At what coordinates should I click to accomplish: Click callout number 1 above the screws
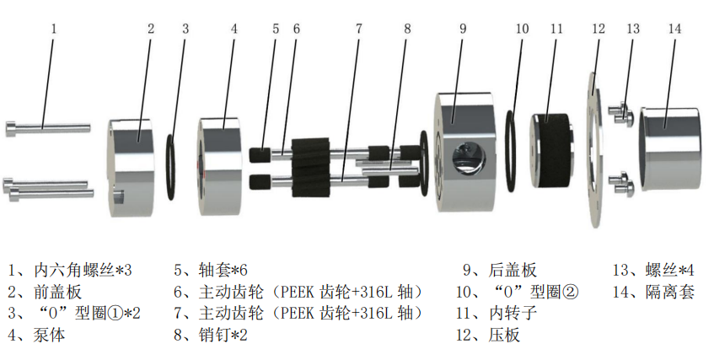pos(53,27)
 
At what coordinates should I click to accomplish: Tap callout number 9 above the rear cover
pos(463,27)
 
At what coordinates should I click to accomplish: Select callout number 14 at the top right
pos(674,27)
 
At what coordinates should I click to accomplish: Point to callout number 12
pos(599,28)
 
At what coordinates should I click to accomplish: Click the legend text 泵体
pos(50,336)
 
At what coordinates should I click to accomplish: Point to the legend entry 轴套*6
pos(223,271)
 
